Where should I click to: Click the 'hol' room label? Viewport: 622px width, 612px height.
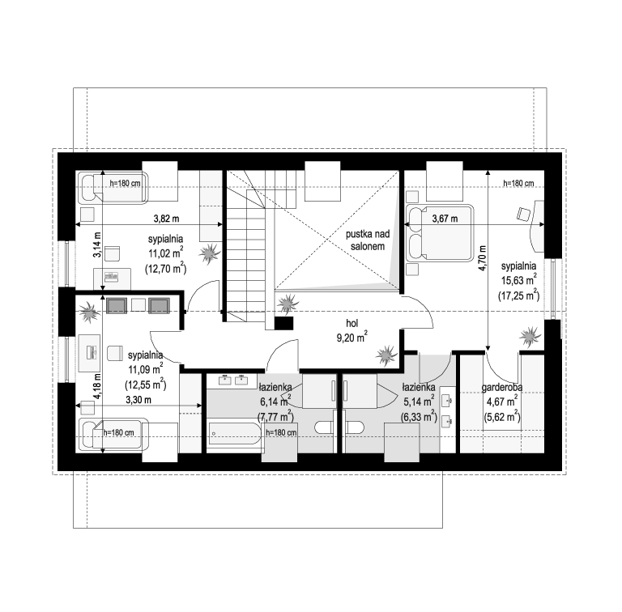click(x=351, y=324)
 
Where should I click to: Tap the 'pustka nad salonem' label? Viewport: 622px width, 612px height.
click(x=368, y=240)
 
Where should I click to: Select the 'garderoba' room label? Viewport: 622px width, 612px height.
click(x=502, y=387)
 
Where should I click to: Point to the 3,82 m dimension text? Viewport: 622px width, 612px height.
click(x=166, y=218)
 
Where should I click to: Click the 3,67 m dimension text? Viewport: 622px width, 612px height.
click(x=445, y=219)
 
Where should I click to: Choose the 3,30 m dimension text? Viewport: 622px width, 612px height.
click(x=138, y=400)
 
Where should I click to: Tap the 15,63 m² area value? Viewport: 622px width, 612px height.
click(x=519, y=279)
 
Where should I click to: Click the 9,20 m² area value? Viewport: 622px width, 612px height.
click(x=351, y=338)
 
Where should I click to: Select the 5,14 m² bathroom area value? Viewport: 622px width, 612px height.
click(x=419, y=402)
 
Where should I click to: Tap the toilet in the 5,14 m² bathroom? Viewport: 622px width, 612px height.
click(x=355, y=427)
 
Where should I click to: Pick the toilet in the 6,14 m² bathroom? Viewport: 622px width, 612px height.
click(x=324, y=427)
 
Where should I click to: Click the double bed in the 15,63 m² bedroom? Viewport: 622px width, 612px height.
click(x=441, y=232)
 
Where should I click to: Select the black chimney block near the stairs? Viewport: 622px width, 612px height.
click(x=283, y=323)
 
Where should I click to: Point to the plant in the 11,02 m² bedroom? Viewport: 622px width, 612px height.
click(x=209, y=253)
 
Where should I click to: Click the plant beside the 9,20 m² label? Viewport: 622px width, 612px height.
click(x=386, y=355)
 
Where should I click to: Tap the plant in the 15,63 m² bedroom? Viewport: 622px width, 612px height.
click(x=530, y=337)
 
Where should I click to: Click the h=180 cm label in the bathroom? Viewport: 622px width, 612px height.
click(x=281, y=432)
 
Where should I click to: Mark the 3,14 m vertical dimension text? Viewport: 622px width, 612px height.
click(x=97, y=244)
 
